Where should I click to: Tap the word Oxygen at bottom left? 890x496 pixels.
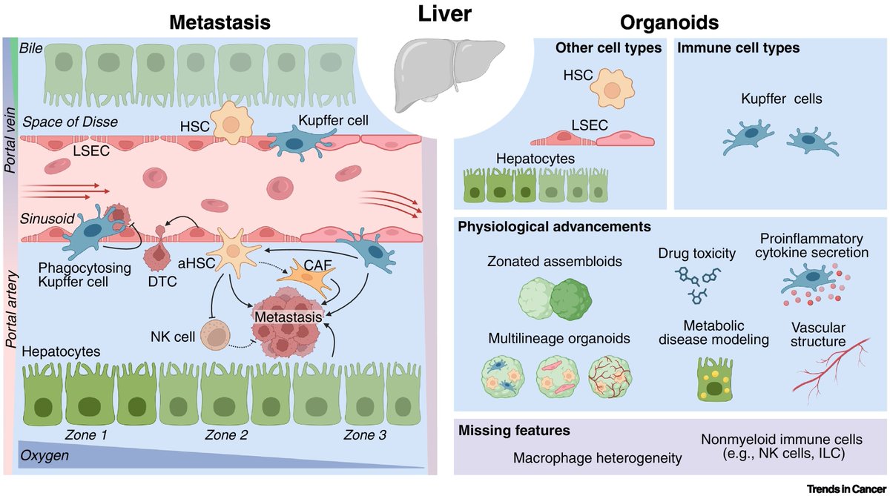44,455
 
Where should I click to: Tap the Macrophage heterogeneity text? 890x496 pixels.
597,458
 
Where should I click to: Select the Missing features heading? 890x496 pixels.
504,429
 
